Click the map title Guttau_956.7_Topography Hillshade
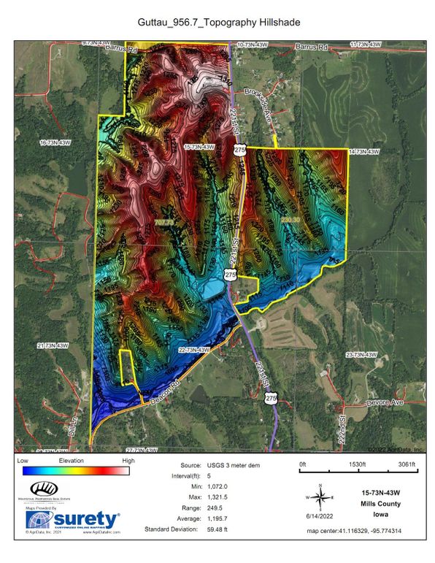[x=218, y=23]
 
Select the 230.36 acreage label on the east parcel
[x=290, y=218]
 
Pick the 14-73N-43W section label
[x=365, y=152]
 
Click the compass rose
[x=318, y=497]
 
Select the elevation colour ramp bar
[x=77, y=472]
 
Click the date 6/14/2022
[x=318, y=516]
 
